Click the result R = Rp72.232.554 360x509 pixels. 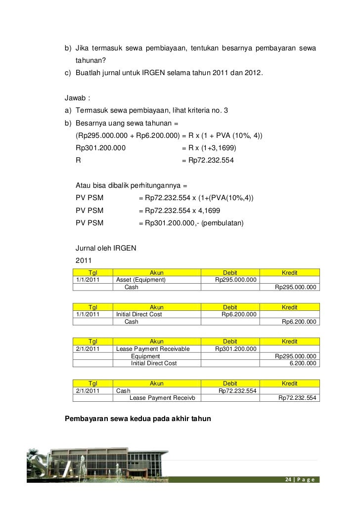pyautogui.click(x=208, y=161)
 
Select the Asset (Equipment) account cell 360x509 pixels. pyautogui.click(x=140, y=280)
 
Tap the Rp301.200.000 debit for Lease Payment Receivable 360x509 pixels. pyautogui.click(x=236, y=349)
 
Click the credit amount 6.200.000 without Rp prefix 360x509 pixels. pyautogui.click(x=303, y=363)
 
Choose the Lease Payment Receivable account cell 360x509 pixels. pyautogui.click(x=153, y=349)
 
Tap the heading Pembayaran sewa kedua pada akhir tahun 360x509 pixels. pyautogui.click(x=138, y=419)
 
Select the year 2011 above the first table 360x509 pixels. pyautogui.click(x=84, y=260)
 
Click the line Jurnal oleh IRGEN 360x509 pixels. pyautogui.click(x=106, y=248)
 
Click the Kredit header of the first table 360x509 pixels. pyautogui.click(x=289, y=273)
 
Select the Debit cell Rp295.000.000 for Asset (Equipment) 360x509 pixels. pyautogui.click(x=236, y=280)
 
